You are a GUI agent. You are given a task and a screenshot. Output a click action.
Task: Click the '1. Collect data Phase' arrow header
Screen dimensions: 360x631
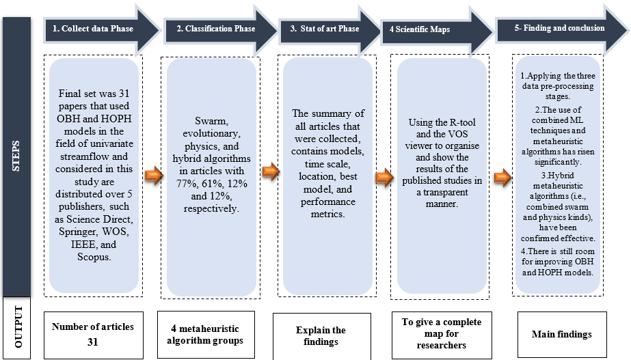93,29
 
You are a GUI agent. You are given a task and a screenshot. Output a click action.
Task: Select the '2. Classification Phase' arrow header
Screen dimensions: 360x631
215,29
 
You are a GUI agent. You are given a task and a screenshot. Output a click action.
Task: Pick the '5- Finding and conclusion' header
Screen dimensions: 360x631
559,28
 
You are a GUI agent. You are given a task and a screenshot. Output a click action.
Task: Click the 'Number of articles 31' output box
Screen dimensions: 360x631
93,333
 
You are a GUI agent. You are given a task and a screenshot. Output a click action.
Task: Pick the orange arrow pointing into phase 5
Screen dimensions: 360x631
502,179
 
